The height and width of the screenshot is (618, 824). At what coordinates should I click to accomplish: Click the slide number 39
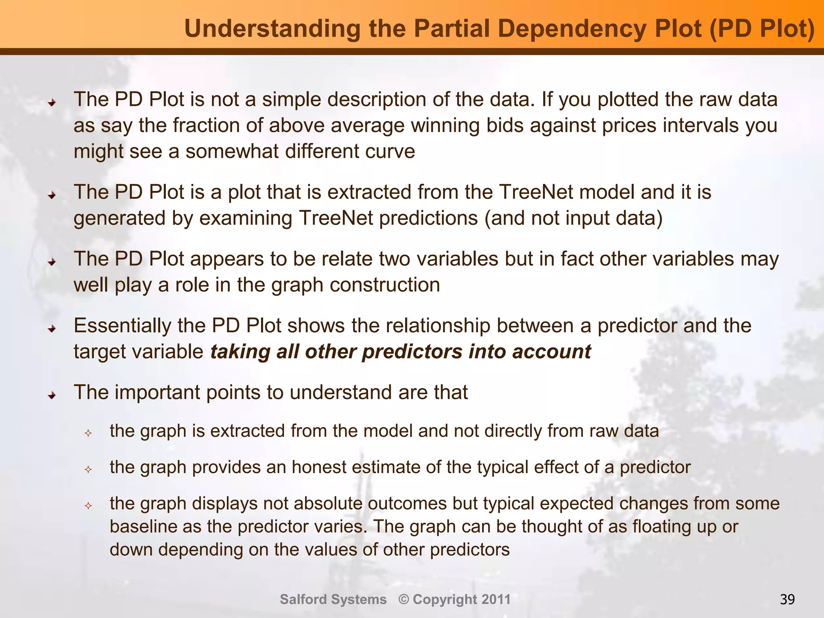coord(787,599)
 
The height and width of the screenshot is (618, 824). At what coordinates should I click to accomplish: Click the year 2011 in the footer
coord(496,599)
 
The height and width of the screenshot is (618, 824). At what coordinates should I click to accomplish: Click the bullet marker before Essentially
coord(51,329)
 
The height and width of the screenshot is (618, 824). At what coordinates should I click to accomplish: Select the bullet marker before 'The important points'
coord(51,396)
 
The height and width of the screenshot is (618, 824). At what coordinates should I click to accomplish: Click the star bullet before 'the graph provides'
coord(88,470)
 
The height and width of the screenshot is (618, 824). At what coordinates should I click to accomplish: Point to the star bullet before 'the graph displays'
coord(88,506)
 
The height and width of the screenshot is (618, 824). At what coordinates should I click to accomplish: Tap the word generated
coord(119,219)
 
